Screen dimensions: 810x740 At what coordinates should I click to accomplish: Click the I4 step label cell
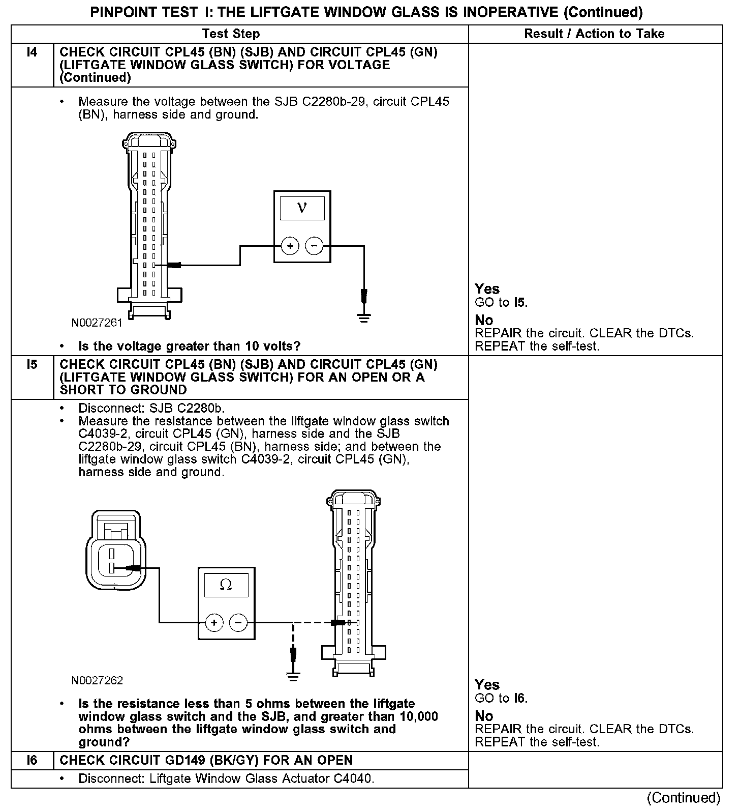[x=32, y=52]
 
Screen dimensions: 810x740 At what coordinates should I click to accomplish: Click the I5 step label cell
[x=32, y=365]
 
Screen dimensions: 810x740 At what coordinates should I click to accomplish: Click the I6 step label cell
[x=32, y=760]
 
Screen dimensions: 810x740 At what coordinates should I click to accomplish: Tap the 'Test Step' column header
[x=231, y=34]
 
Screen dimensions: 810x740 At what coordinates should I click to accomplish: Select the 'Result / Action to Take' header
[x=594, y=34]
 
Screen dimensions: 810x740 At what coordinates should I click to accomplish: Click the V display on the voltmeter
[x=302, y=208]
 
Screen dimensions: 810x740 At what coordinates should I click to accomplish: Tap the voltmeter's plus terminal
[x=290, y=246]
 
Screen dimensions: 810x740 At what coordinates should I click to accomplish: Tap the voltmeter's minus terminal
[x=314, y=246]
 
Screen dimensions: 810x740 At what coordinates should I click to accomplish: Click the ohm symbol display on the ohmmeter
[x=226, y=585]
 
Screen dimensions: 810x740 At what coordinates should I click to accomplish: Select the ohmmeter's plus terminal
[x=214, y=622]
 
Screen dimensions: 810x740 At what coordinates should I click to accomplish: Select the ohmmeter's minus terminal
[x=238, y=622]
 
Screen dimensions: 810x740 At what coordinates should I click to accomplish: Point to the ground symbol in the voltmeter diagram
[x=364, y=319]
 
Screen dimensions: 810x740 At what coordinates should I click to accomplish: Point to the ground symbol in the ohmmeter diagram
[x=293, y=676]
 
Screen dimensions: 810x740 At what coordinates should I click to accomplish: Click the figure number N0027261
[x=97, y=323]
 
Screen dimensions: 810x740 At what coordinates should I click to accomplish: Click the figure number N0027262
[x=97, y=680]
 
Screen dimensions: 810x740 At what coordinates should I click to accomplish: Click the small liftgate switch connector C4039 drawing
[x=116, y=551]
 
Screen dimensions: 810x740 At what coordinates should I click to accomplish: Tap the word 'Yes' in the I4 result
[x=487, y=289]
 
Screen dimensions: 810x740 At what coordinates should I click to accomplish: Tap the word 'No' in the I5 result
[x=484, y=716]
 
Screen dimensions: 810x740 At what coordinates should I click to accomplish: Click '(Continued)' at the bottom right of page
[x=684, y=797]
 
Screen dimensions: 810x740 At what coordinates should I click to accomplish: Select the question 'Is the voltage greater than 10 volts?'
[x=190, y=346]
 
